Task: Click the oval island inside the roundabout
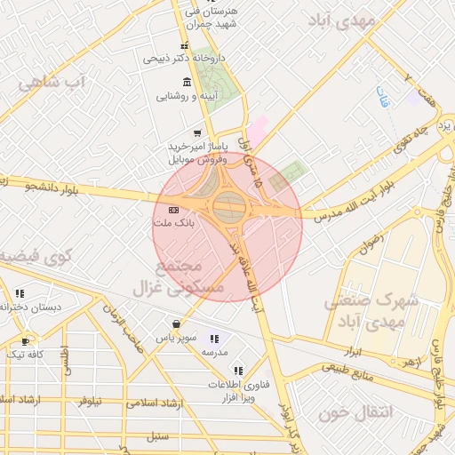227,208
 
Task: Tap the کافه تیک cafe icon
26,340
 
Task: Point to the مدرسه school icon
213,339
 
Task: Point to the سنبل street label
159,435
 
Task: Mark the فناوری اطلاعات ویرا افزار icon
237,371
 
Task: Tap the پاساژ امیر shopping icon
196,132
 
